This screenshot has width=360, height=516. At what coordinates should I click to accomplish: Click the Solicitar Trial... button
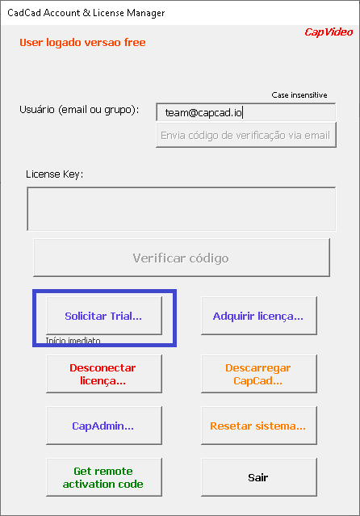click(104, 316)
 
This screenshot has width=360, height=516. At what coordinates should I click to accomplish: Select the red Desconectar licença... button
click(104, 374)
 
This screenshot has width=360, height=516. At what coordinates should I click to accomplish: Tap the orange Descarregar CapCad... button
click(259, 374)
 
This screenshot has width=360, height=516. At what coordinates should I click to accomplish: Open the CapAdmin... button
click(104, 426)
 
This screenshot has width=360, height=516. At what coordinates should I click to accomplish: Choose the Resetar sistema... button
click(259, 426)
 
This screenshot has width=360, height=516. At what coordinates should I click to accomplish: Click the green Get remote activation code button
click(104, 477)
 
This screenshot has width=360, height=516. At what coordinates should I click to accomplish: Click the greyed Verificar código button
click(182, 258)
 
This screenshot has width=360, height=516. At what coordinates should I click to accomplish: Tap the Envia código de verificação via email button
click(246, 135)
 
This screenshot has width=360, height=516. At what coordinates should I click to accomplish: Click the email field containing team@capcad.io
click(246, 112)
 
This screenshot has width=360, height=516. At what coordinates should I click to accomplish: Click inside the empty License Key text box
click(182, 209)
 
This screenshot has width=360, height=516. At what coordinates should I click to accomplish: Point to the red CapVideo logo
click(329, 32)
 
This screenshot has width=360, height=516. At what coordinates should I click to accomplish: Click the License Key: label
click(55, 174)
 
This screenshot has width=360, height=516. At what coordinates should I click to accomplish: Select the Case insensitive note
click(299, 95)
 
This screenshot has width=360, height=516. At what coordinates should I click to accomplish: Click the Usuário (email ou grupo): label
click(79, 110)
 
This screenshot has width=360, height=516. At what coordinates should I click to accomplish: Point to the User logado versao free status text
click(82, 43)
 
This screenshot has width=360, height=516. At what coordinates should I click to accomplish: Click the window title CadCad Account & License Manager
click(86, 13)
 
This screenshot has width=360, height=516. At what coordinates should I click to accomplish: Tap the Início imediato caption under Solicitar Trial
click(73, 340)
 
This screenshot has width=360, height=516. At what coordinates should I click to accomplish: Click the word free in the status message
click(135, 42)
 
